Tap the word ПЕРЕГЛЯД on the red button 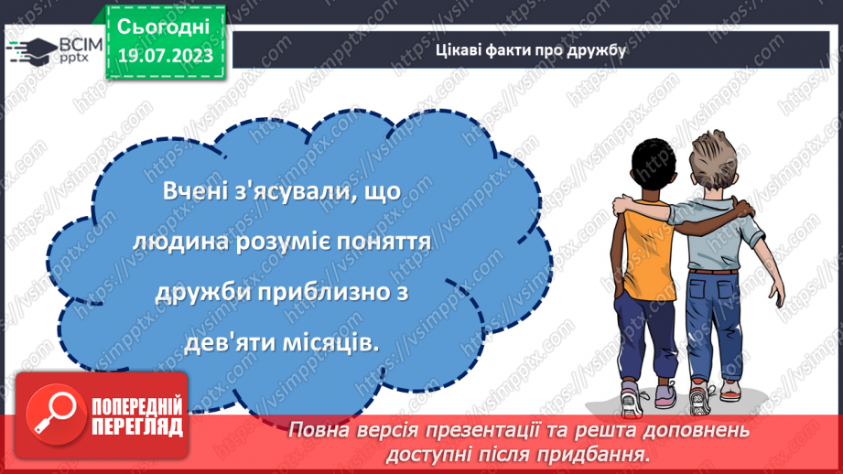tap(137, 426)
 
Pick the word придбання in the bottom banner tap(603, 453)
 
